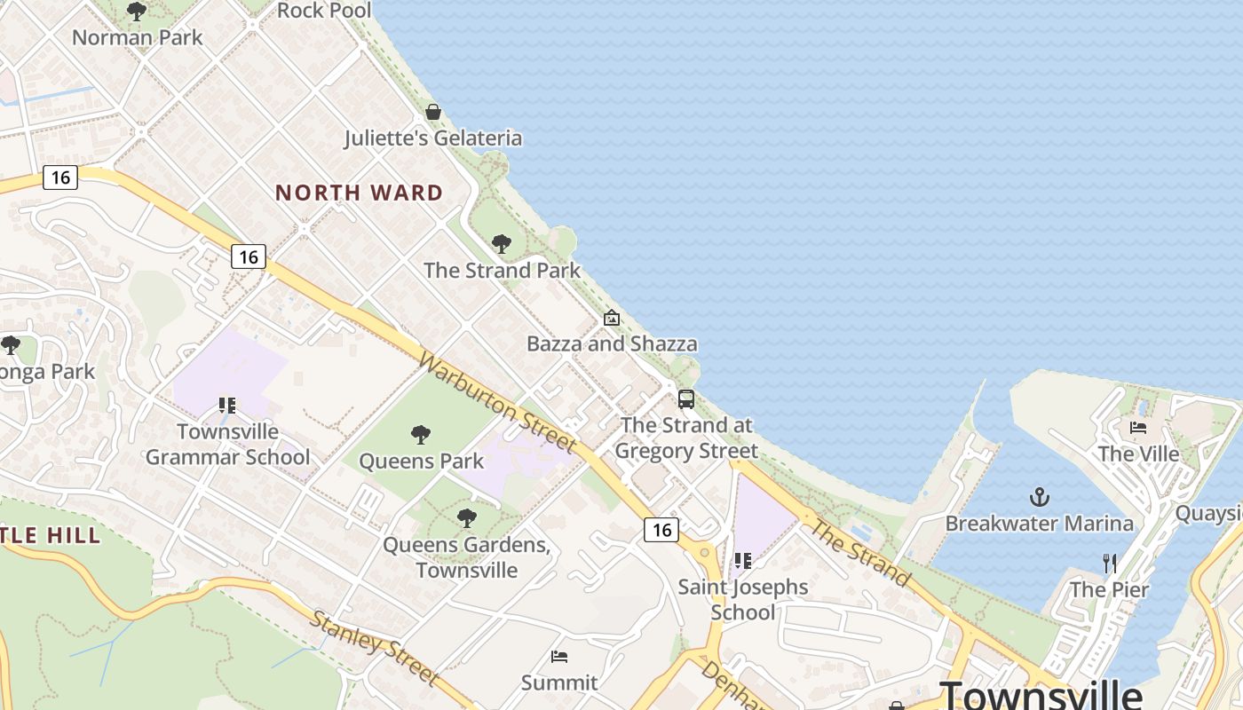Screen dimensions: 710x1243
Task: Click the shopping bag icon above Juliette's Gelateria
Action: (433, 112)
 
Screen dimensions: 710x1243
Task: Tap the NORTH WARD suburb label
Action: (359, 193)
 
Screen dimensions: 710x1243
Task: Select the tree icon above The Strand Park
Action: (502, 243)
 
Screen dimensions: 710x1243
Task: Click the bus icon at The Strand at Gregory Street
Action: (686, 399)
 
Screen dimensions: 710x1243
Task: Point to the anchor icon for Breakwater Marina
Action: (1039, 497)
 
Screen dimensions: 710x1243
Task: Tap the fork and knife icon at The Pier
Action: (1109, 563)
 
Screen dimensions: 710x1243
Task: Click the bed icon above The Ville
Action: (1138, 428)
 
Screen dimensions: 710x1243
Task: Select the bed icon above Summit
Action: (559, 657)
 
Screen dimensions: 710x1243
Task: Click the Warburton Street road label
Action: (497, 402)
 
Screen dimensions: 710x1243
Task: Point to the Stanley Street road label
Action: (374, 647)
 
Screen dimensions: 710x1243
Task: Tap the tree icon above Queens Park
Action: (421, 435)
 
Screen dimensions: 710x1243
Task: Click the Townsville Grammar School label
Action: (228, 445)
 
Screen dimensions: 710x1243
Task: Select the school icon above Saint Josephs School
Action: (743, 561)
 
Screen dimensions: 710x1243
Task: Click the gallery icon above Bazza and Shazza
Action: (612, 318)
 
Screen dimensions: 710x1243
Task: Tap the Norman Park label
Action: (138, 37)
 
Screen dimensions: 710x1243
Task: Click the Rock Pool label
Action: (324, 11)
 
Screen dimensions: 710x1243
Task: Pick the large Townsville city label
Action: (1041, 694)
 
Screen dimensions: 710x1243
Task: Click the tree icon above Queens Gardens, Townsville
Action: (466, 518)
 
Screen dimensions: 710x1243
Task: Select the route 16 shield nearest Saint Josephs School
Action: (661, 530)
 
